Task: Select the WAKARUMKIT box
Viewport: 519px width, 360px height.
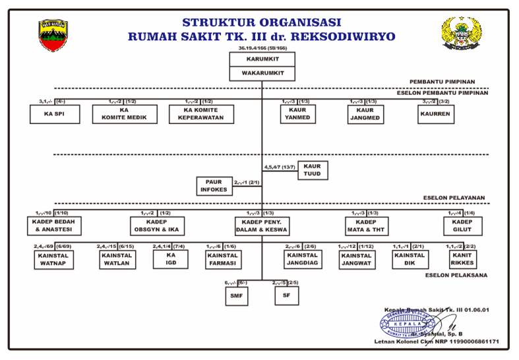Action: [x=262, y=73]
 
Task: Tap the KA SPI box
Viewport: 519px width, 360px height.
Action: [x=55, y=114]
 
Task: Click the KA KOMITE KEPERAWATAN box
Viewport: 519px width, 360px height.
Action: [x=201, y=114]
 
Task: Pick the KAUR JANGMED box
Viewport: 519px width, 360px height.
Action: [x=365, y=114]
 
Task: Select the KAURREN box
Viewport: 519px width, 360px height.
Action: [x=437, y=114]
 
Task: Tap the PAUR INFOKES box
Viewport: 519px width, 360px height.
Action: [x=214, y=186]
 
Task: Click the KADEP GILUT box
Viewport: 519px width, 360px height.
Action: [x=462, y=226]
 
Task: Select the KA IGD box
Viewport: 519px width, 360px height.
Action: [x=170, y=259]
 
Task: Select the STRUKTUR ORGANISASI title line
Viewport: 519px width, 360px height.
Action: [x=262, y=22]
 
